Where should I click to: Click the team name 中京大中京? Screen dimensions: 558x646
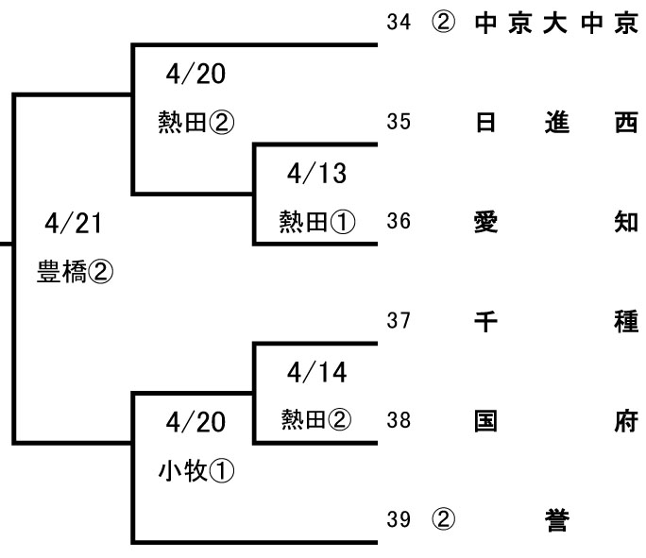[556, 24]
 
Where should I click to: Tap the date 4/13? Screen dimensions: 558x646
[316, 173]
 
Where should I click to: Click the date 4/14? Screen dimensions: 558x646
[316, 372]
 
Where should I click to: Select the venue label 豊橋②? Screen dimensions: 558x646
[75, 273]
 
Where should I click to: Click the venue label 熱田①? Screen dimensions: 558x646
[316, 222]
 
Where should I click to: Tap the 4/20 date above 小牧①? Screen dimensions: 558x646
[195, 421]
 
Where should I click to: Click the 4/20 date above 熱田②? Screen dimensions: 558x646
[195, 74]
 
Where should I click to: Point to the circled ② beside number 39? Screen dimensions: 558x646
[442, 519]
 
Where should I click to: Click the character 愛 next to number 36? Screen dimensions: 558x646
[484, 222]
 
